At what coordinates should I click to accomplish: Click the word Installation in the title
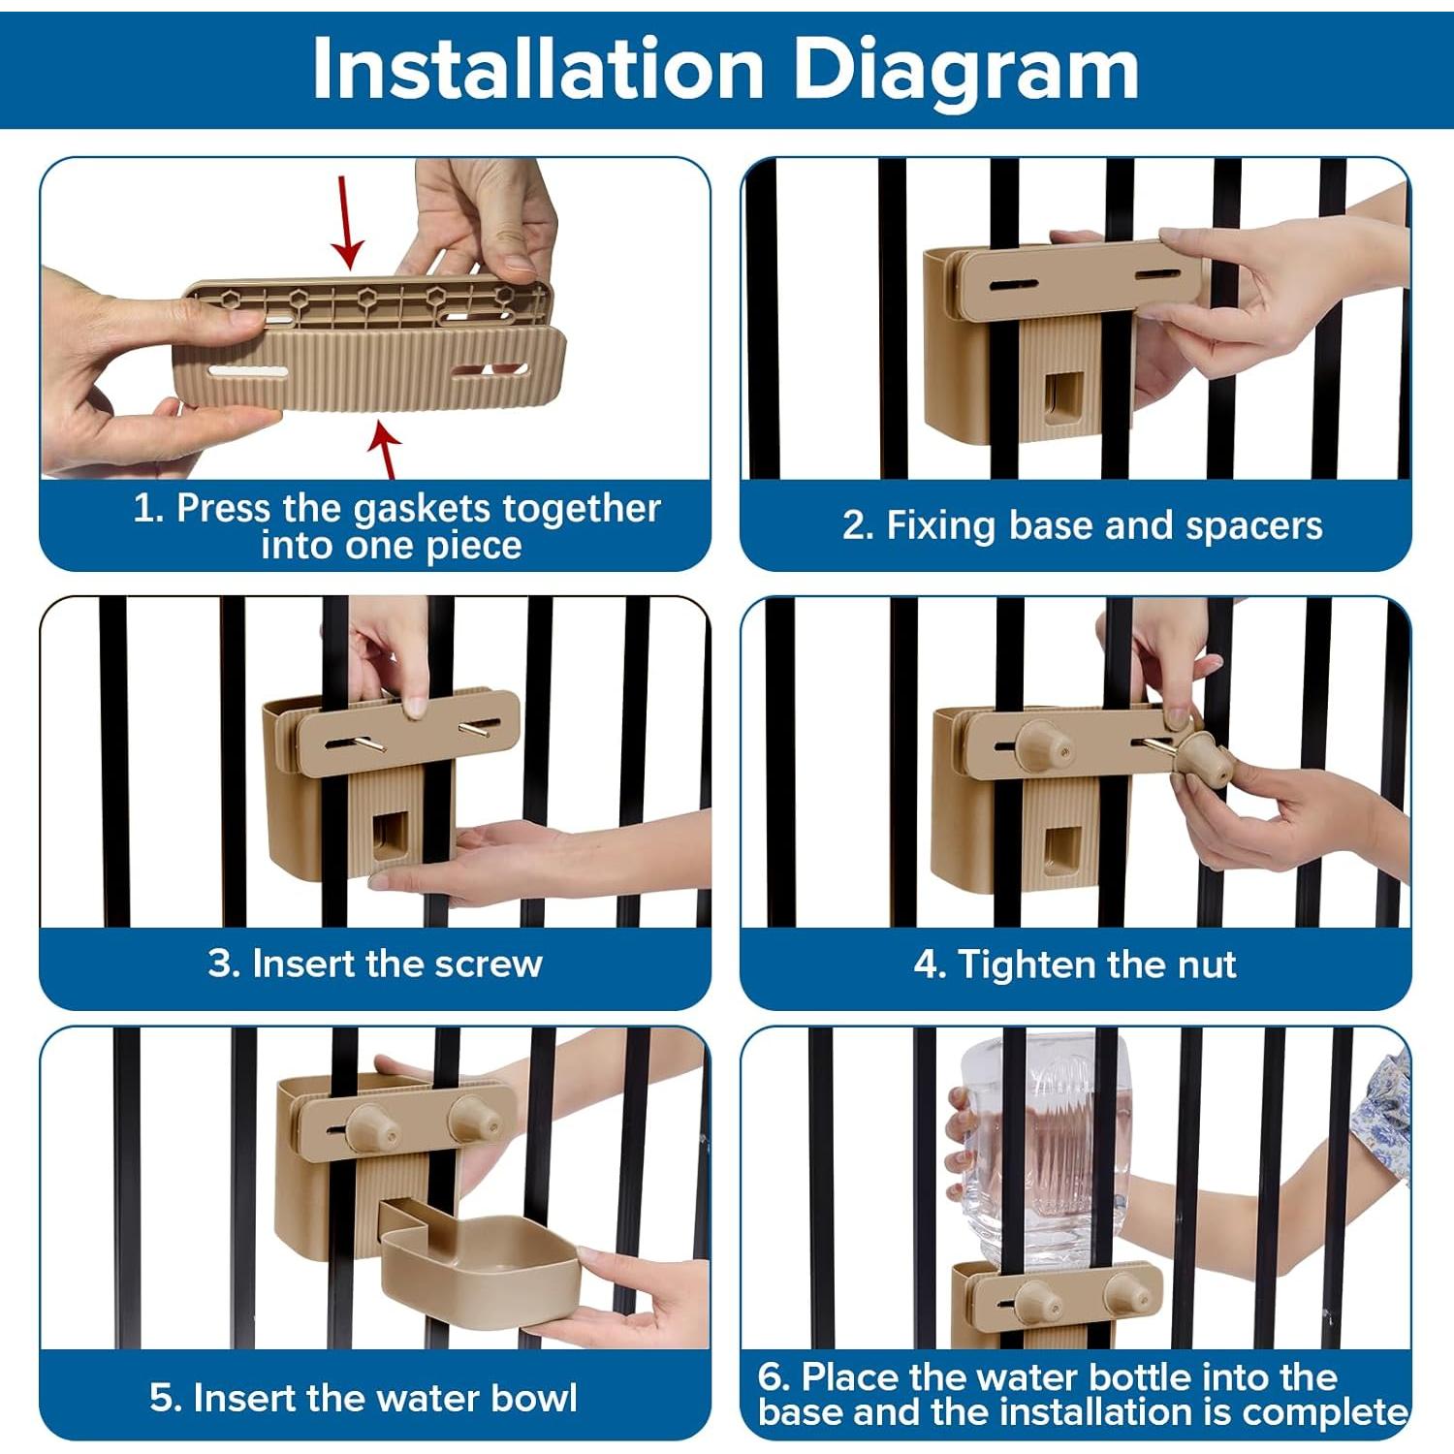(x=539, y=69)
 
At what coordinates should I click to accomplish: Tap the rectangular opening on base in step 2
(x=1064, y=396)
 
